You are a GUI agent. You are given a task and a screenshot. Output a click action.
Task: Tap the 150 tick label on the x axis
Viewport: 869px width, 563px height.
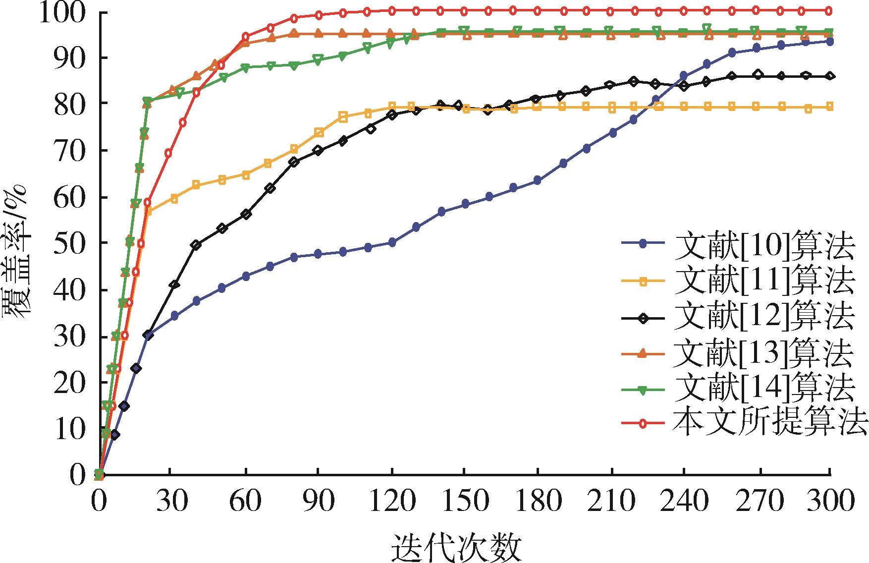point(464,502)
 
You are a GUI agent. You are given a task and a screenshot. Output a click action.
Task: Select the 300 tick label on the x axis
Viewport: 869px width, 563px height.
point(829,502)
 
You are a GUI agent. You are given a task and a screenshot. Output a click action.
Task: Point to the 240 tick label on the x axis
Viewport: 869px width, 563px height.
point(683,502)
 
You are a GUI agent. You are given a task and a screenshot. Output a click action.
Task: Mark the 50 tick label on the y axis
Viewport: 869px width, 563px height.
point(65,243)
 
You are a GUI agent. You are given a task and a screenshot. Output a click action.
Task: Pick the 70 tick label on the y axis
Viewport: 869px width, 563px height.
point(65,150)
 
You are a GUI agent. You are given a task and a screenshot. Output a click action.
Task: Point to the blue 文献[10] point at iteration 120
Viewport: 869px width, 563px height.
point(392,242)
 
